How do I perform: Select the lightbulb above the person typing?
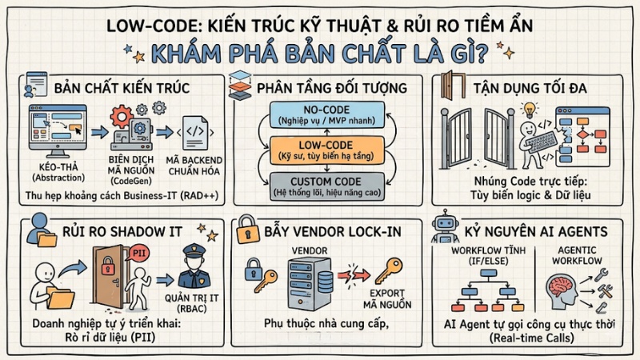click(527, 109)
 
